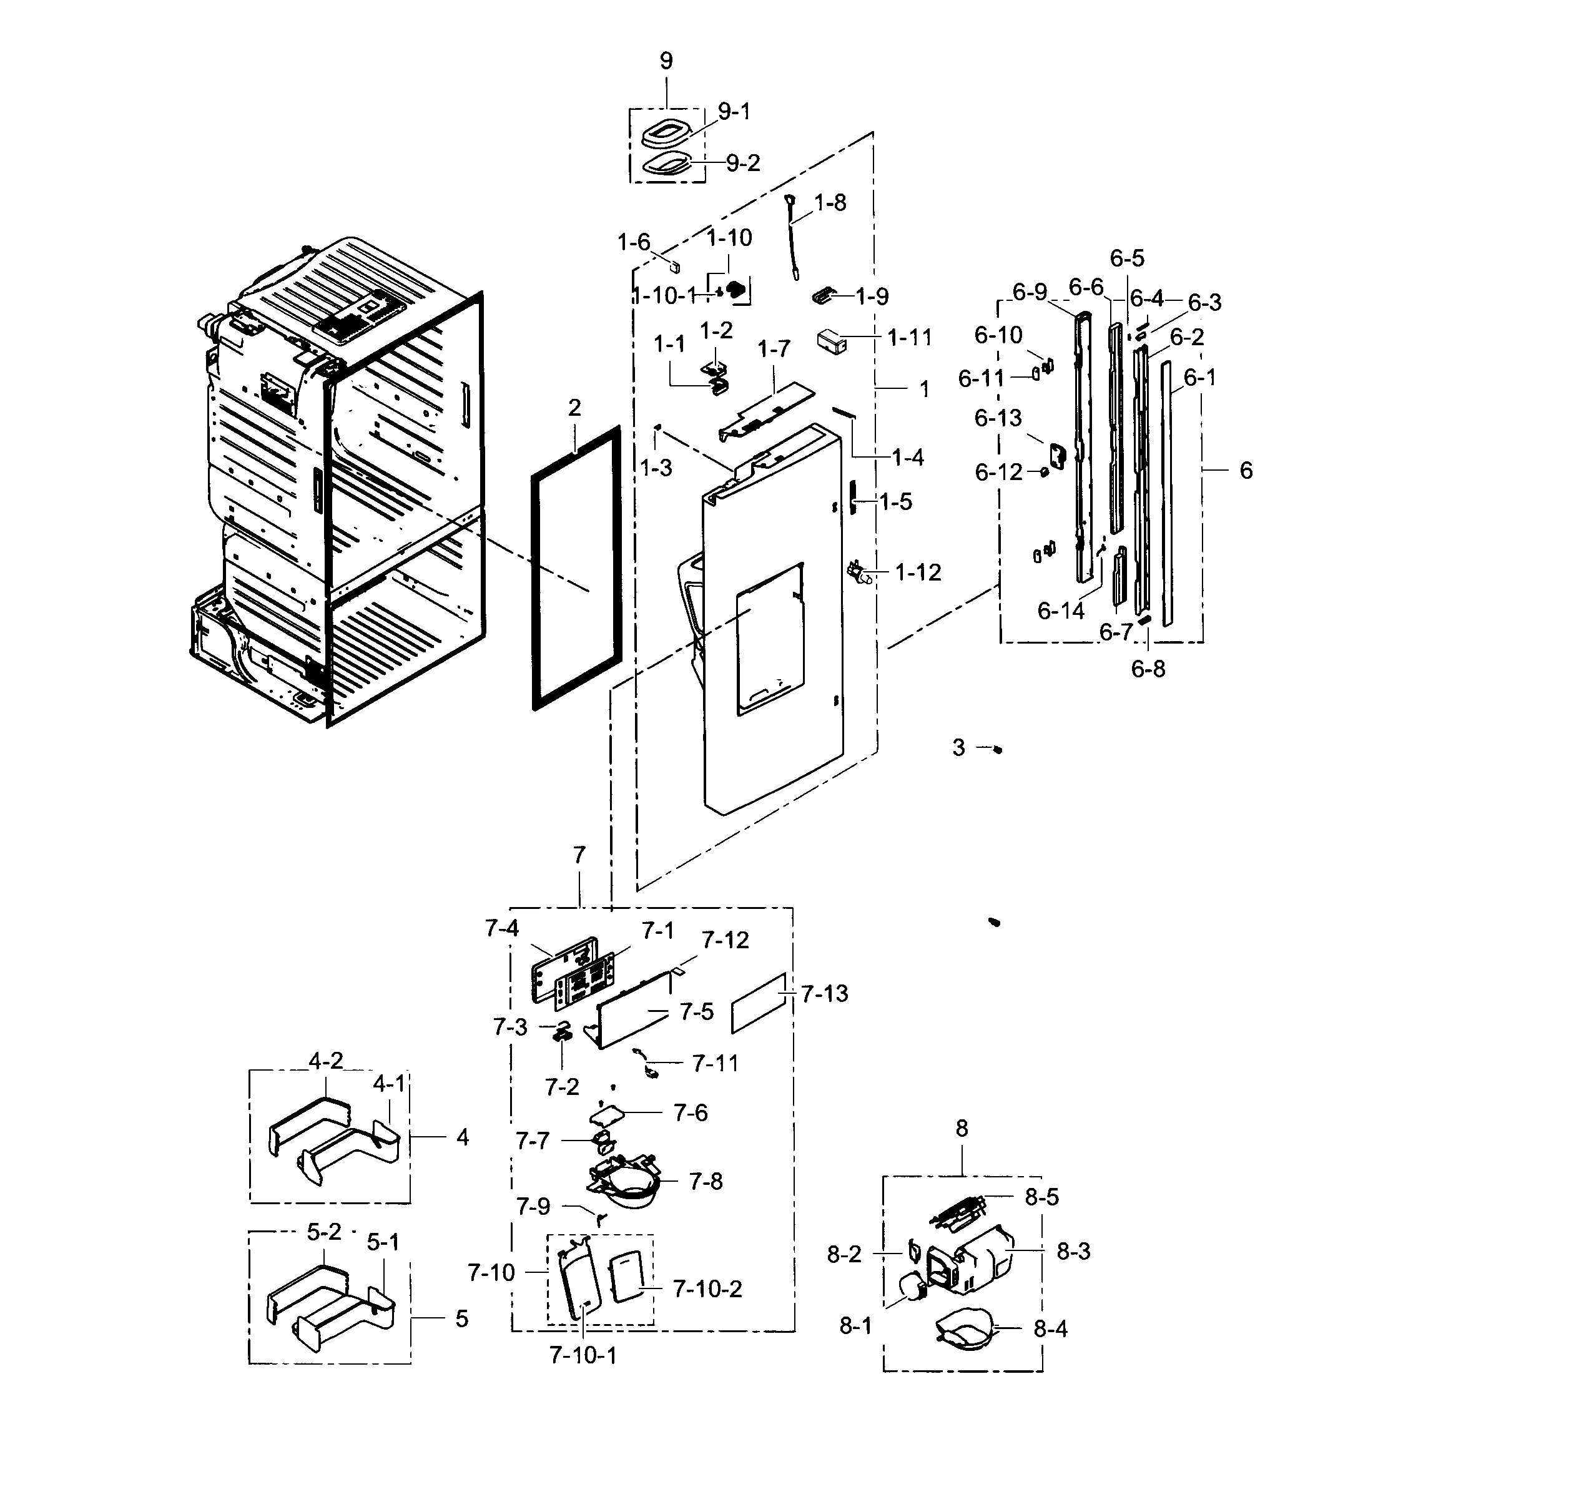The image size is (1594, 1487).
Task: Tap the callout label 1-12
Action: [x=917, y=572]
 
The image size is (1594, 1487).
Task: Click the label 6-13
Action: [x=998, y=418]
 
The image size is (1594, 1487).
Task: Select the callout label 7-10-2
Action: [x=707, y=1289]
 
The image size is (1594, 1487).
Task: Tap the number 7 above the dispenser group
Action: [x=579, y=855]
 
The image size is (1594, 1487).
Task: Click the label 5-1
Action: [x=383, y=1242]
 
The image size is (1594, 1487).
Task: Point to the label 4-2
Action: [x=325, y=1061]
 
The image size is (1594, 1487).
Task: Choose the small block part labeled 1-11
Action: [x=832, y=339]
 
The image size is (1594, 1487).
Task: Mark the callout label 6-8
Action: [x=1148, y=669]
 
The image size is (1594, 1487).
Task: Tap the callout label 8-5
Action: [x=1041, y=1197]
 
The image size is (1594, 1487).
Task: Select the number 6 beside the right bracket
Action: [x=1245, y=471]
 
